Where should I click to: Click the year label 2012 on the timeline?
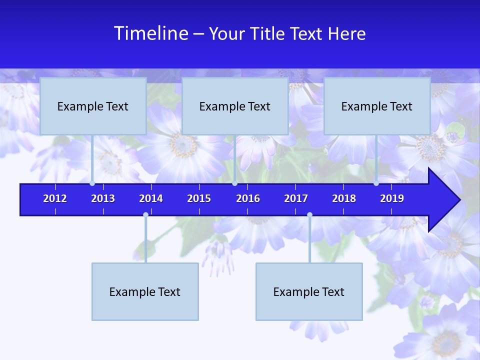(x=55, y=198)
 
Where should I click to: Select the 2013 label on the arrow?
(x=103, y=198)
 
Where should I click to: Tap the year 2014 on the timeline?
(x=151, y=198)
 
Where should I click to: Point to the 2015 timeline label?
(x=199, y=198)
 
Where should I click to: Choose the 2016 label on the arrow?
(x=248, y=198)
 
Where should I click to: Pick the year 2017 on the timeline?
(x=296, y=198)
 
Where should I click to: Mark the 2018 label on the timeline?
(x=344, y=198)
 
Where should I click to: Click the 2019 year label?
(x=392, y=198)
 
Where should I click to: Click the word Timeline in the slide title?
(x=151, y=33)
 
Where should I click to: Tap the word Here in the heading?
(x=346, y=33)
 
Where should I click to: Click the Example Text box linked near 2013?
(x=93, y=106)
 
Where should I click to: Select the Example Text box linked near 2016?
(x=235, y=106)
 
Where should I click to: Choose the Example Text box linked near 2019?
(x=377, y=106)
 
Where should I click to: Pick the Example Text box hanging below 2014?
(x=145, y=291)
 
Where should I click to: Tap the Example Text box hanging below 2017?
(x=309, y=291)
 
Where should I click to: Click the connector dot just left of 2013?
(x=92, y=183)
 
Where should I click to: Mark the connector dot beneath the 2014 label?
(x=145, y=215)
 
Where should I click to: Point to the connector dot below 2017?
(x=309, y=215)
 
